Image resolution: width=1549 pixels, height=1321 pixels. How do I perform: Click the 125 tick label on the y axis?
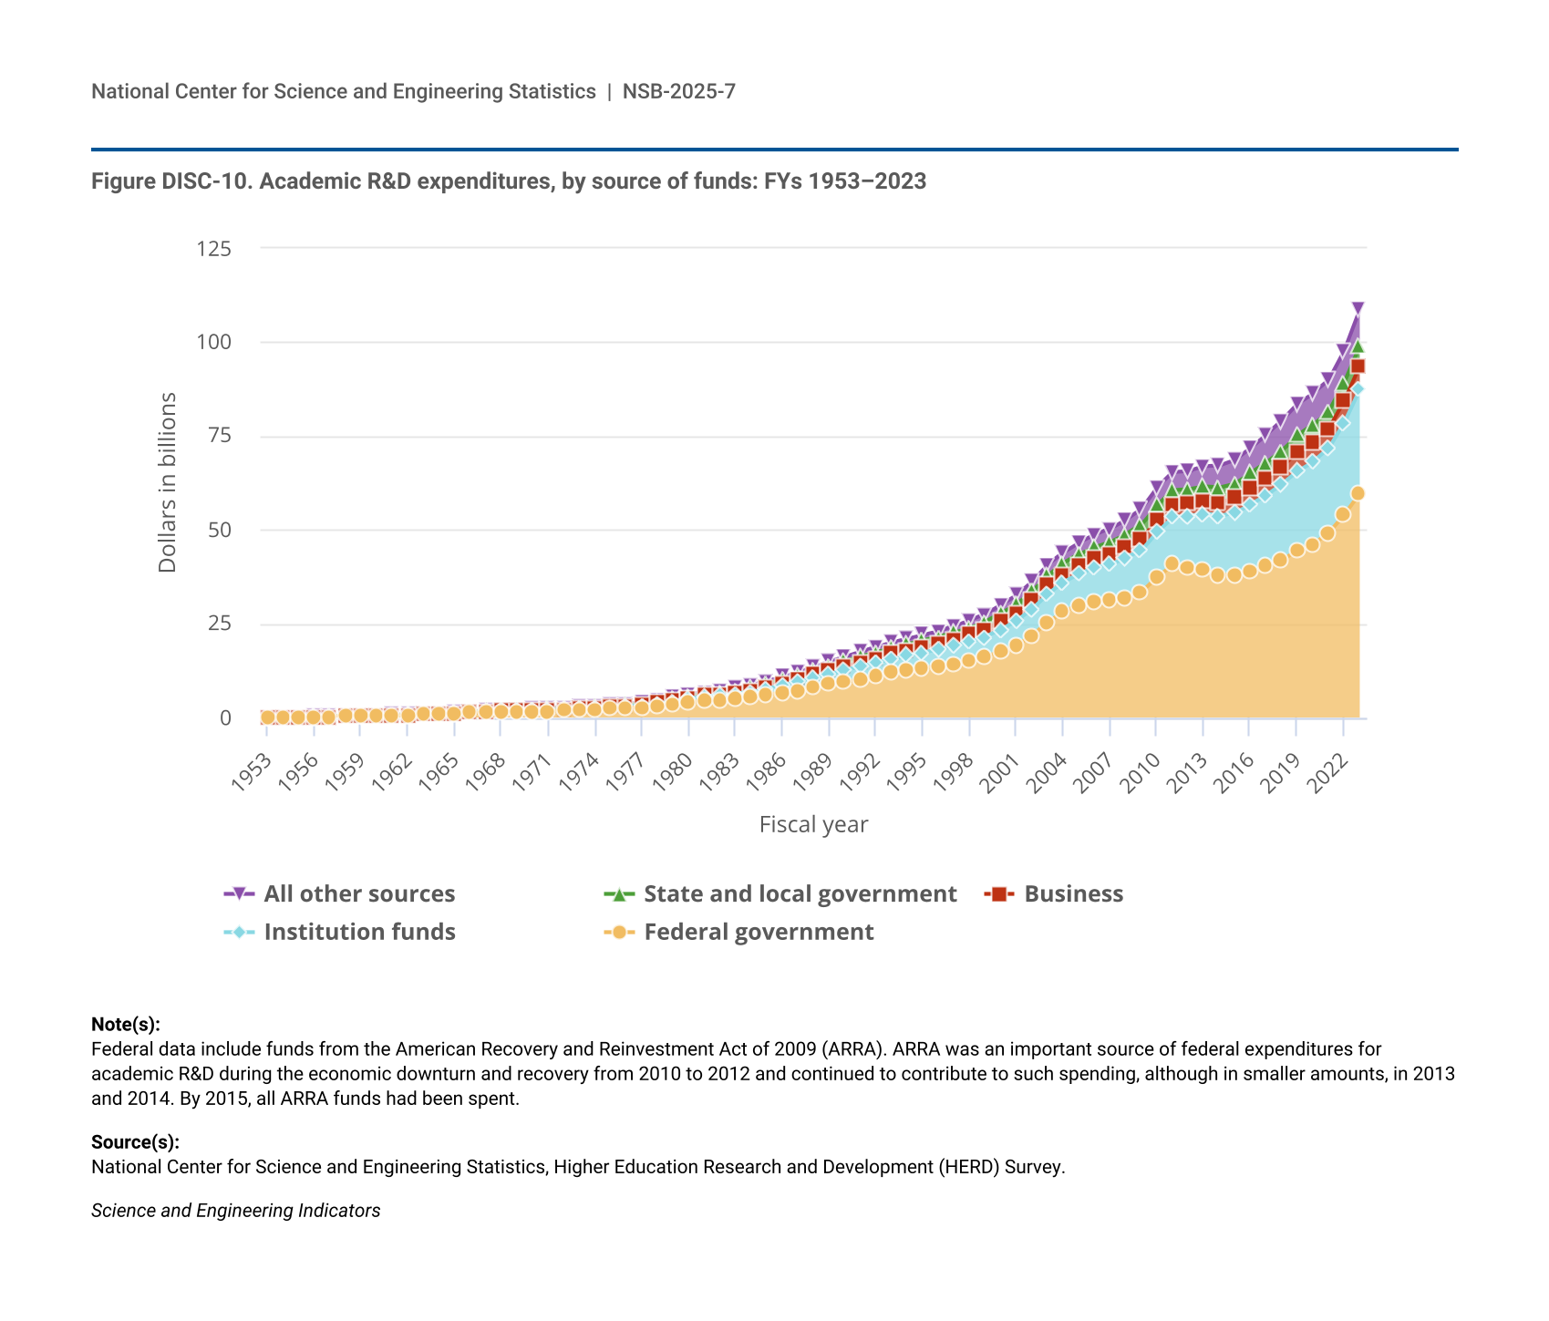(213, 249)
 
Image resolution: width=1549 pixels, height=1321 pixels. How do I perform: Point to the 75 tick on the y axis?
(219, 437)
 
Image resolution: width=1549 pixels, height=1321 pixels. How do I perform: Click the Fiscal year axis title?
(813, 825)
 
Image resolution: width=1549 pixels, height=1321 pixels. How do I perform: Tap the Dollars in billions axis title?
(168, 482)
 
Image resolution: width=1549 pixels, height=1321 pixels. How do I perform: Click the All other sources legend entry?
(358, 894)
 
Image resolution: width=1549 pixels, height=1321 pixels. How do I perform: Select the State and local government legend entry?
(800, 894)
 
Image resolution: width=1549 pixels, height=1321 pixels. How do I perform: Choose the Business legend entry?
(1073, 894)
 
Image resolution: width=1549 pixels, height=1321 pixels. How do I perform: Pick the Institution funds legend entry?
(359, 933)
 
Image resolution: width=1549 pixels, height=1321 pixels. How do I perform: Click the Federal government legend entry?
(758, 933)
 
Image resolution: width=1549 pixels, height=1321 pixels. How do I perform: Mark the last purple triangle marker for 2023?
(1358, 308)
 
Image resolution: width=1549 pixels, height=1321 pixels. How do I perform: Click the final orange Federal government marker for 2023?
(1358, 493)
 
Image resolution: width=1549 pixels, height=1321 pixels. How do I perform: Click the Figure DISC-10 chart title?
(509, 181)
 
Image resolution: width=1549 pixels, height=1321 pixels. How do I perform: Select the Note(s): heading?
(126, 1025)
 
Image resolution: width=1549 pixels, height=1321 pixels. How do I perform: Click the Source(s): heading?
(135, 1142)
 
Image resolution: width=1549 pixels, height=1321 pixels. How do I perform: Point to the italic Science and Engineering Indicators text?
(235, 1211)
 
